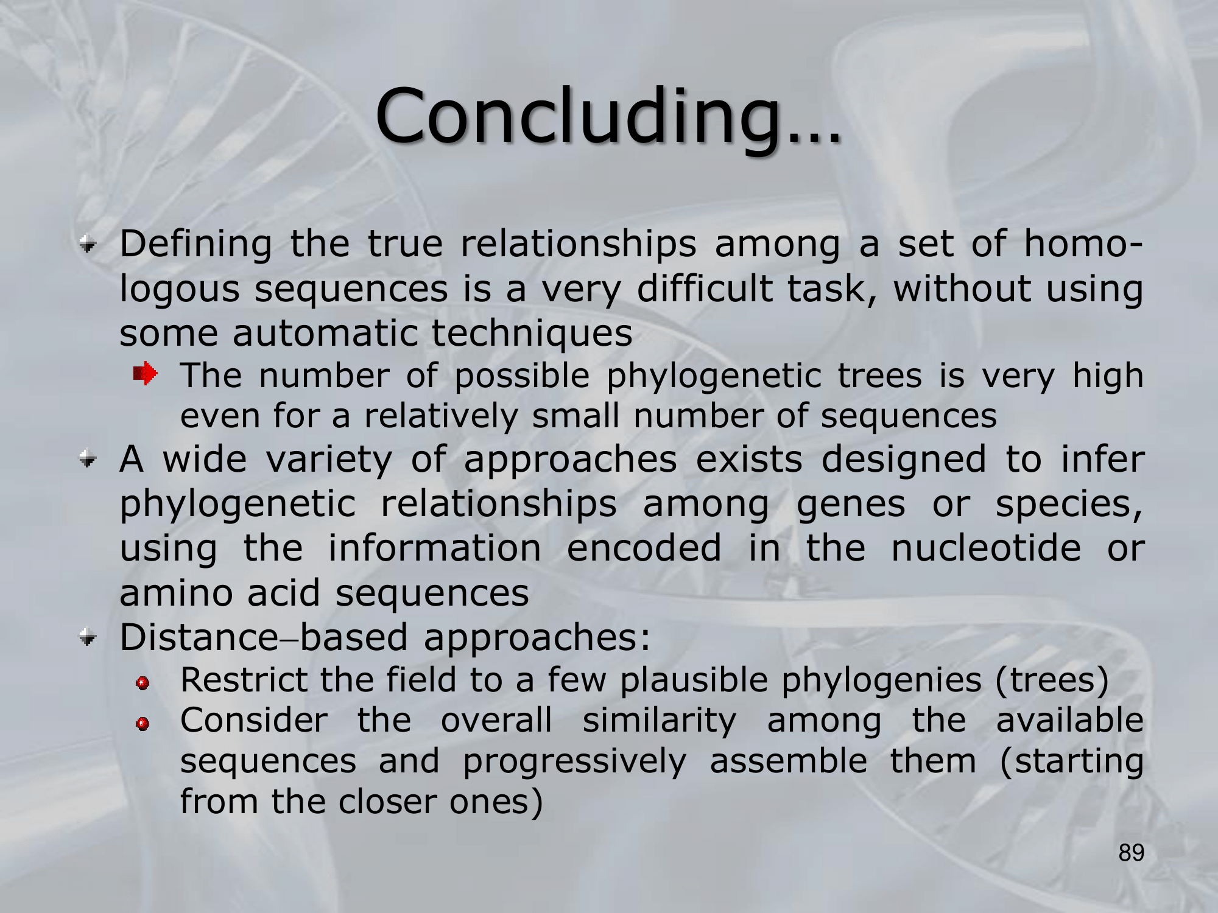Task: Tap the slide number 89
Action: click(x=1132, y=853)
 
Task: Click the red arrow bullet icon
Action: click(x=146, y=373)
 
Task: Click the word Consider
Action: click(x=254, y=720)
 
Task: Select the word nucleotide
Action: click(x=986, y=548)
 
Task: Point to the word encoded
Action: click(x=644, y=548)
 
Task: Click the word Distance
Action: click(x=199, y=637)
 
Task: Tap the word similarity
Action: click(x=659, y=721)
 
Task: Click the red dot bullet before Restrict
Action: click(x=143, y=684)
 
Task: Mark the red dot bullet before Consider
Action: click(x=143, y=724)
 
